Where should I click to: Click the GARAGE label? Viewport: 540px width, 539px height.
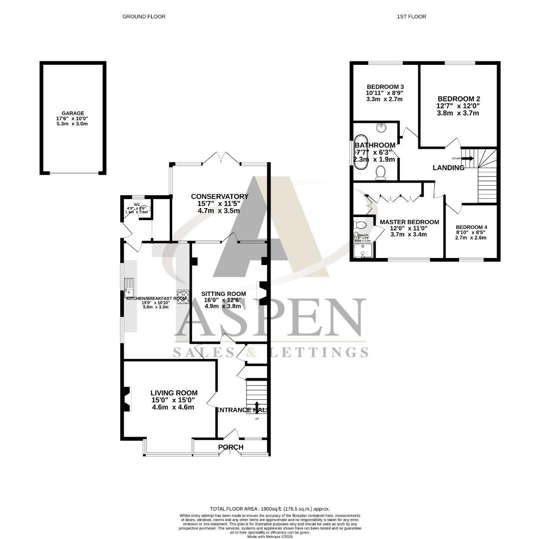click(73, 113)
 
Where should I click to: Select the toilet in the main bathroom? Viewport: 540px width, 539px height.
click(380, 173)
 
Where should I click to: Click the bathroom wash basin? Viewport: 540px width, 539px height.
click(381, 128)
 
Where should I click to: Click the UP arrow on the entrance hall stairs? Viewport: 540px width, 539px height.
click(257, 406)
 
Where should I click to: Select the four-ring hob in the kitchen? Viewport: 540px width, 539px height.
click(183, 296)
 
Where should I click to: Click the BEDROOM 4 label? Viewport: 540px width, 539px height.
click(471, 227)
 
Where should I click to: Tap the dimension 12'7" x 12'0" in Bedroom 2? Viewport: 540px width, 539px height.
click(458, 106)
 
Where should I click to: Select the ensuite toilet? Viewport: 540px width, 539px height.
click(360, 224)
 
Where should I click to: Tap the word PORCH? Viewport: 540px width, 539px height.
click(231, 447)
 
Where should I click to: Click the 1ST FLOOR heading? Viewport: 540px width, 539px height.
click(411, 16)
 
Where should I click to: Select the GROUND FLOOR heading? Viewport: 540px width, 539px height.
click(144, 16)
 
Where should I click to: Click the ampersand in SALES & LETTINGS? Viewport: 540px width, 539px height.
click(251, 352)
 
